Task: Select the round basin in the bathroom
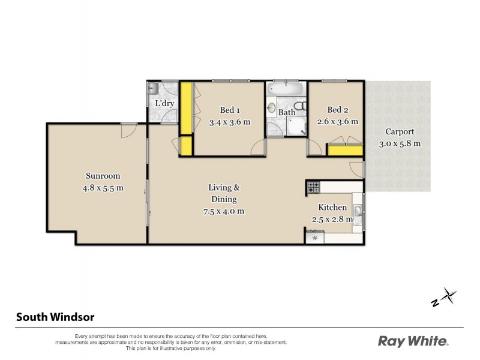pos(271,109)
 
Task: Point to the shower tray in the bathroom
pos(295,126)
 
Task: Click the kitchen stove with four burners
pos(314,188)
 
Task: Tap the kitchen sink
pos(357,211)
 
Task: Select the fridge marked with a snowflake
pos(314,238)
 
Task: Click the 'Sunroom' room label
pos(103,176)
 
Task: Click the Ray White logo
pos(413,341)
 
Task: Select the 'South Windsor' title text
pos(55,317)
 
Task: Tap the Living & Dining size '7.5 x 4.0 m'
pos(223,211)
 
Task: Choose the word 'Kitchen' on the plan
pos(332,208)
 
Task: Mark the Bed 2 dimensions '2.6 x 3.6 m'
pos(338,121)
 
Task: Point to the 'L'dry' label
pos(164,103)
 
